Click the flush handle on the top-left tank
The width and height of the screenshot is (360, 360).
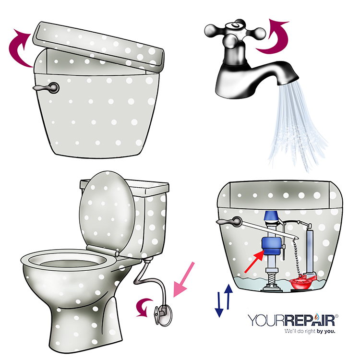point(48,88)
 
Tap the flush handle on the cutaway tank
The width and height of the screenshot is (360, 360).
point(231,222)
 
